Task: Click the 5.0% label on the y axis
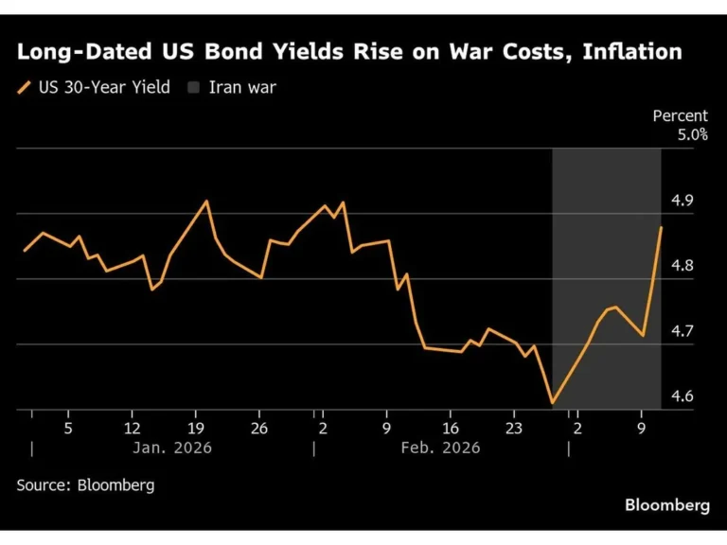tap(692, 135)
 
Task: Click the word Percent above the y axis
tap(680, 116)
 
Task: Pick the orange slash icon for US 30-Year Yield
tap(25, 88)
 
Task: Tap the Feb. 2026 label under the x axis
tap(441, 448)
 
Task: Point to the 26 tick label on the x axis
tap(259, 428)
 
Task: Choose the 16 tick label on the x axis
tap(451, 428)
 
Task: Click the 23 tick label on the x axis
tap(514, 428)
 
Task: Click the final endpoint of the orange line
tap(662, 227)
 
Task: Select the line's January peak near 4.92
tap(207, 201)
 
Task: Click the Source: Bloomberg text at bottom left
tap(85, 484)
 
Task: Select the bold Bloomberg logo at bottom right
tap(666, 505)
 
